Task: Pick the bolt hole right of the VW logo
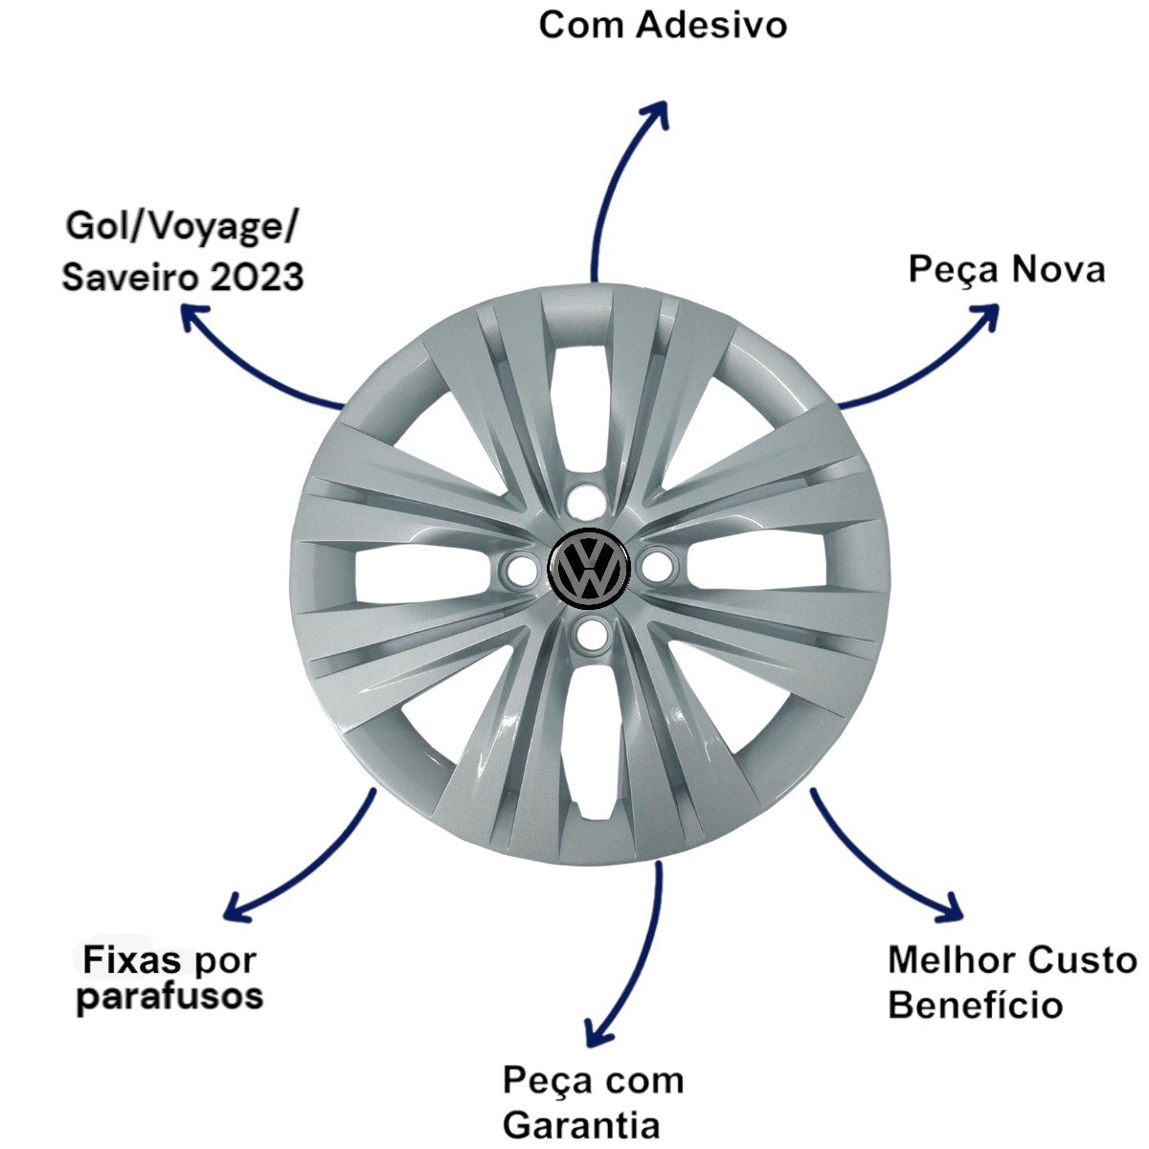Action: point(656,566)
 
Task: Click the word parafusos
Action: point(169,997)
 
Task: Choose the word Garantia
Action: point(581,1124)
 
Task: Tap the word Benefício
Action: point(975,1005)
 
